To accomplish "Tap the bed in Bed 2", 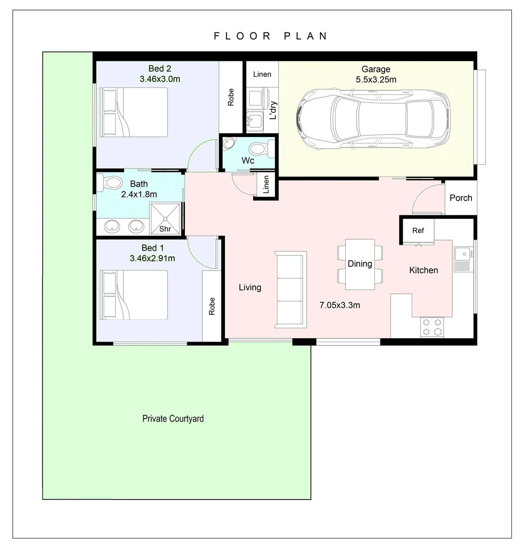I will click(x=134, y=112).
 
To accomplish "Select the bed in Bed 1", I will click(x=134, y=295).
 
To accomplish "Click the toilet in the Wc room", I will click(x=260, y=149).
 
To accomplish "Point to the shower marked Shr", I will click(x=165, y=218).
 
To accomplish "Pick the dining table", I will click(x=360, y=264).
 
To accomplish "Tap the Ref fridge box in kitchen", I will click(x=417, y=231).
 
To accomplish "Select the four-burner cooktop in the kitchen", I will click(x=432, y=327).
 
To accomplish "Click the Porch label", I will click(x=461, y=198).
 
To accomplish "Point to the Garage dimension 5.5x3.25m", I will click(x=376, y=79).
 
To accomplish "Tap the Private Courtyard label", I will click(x=173, y=419).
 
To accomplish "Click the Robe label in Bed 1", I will click(x=212, y=306).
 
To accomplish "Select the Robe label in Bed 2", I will click(x=231, y=97).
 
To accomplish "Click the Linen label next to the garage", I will click(x=262, y=74).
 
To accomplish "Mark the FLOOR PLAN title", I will click(x=271, y=36).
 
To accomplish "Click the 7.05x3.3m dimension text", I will click(x=340, y=305).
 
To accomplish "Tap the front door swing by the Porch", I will click(x=427, y=200).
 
